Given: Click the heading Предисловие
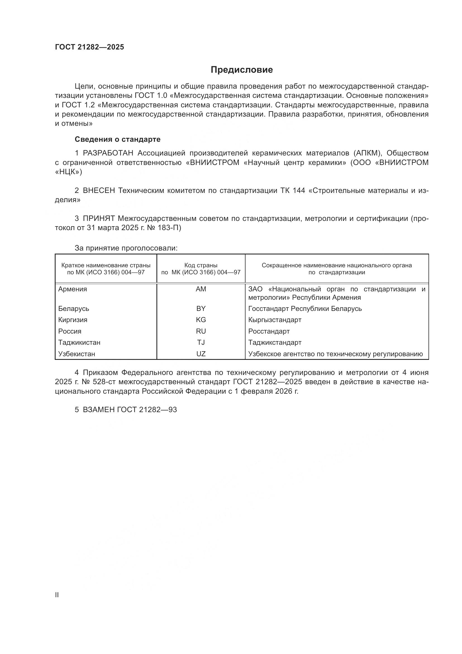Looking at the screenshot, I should point(242,70).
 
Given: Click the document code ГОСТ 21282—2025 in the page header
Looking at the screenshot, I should point(89,47).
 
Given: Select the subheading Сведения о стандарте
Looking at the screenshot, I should point(118,139).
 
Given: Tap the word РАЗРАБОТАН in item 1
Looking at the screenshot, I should point(108,153).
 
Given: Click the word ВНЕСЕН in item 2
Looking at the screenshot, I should point(99,191).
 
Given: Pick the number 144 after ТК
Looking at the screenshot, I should point(299,191).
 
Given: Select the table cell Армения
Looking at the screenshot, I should point(73,289).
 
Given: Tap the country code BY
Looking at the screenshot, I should point(201,309).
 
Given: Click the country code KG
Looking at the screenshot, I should point(201,320).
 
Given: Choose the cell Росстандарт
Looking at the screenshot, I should point(269,331).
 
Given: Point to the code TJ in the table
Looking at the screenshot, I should point(201,343).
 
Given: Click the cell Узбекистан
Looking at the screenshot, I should point(77,354).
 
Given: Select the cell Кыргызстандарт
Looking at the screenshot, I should point(275,320).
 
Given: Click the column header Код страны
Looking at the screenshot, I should point(201,265).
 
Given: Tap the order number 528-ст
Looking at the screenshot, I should point(106,382).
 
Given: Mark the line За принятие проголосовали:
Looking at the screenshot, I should point(126,248).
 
